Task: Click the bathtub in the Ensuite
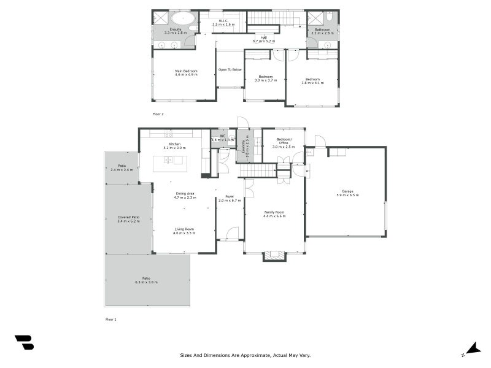181,18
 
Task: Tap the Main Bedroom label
186,72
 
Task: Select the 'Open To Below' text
230,69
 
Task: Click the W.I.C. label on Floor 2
223,22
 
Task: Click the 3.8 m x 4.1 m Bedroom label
312,81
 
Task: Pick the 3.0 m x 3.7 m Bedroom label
265,79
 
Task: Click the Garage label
347,193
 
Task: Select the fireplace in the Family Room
274,256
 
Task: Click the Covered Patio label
129,219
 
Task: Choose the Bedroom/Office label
284,142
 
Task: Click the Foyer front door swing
232,234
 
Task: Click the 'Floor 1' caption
110,320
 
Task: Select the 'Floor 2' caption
158,114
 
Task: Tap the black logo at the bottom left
24,342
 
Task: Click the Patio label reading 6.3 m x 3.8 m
147,280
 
